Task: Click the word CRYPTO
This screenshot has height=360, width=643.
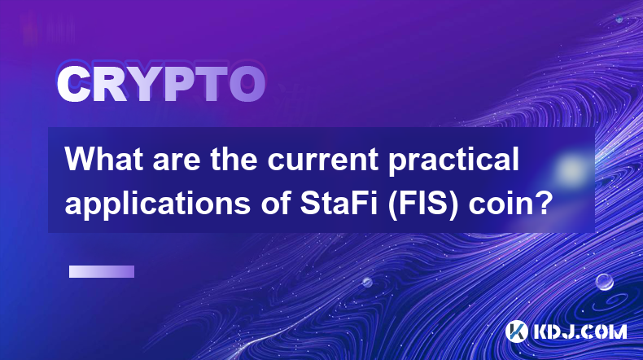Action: [161, 84]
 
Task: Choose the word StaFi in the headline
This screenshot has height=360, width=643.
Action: [339, 203]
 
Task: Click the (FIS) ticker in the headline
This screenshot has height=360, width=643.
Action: [423, 204]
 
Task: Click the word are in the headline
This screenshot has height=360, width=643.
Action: [177, 161]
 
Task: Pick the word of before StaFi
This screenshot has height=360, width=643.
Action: [275, 203]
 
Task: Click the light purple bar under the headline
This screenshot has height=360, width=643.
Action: [102, 272]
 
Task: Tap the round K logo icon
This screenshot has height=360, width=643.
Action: [517, 331]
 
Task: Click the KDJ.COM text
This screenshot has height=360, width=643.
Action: [580, 331]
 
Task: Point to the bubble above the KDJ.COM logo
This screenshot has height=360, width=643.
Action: [605, 282]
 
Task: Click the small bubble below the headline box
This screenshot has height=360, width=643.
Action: [367, 282]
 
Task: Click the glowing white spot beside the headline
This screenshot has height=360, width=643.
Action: [571, 169]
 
